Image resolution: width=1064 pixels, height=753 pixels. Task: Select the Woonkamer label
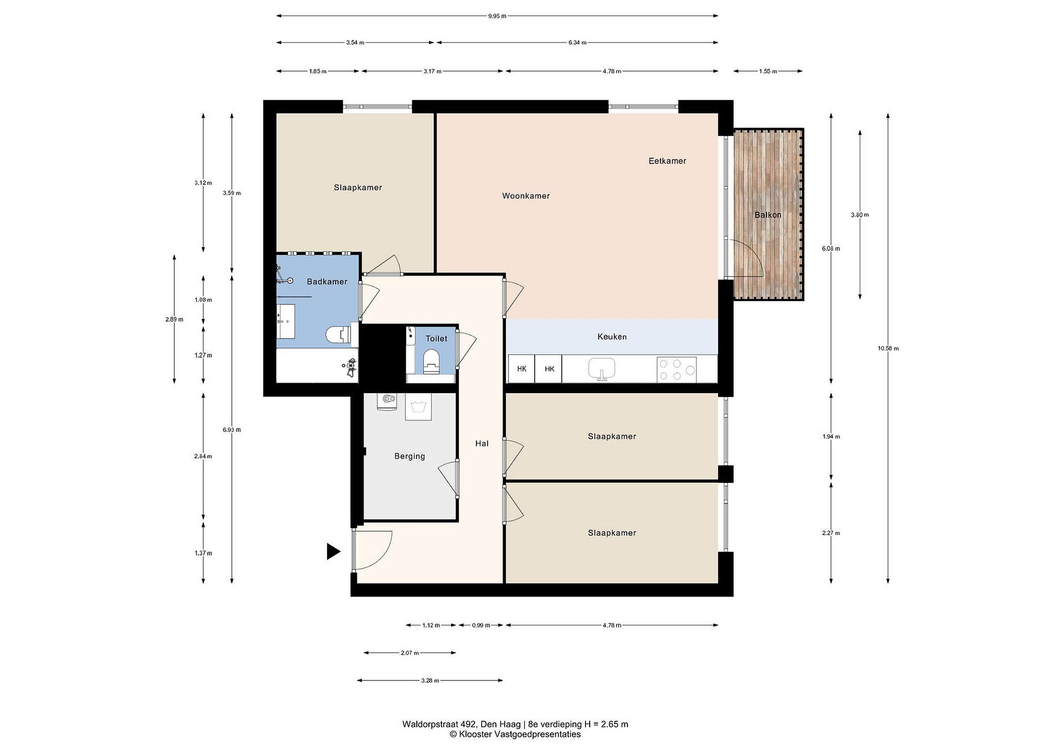pos(526,196)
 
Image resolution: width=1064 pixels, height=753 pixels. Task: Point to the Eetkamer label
pos(667,161)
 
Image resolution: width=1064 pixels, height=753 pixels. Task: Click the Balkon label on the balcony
pos(768,215)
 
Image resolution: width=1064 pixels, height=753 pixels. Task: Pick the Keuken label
pos(612,337)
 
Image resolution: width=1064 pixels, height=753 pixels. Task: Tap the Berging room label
pos(410,456)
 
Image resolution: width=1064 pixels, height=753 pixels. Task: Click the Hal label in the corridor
pos(482,444)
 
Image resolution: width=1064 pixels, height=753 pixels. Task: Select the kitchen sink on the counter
pos(601,369)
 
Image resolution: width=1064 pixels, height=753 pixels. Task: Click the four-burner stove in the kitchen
pos(676,369)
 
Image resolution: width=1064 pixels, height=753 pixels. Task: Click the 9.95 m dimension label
pos(497,16)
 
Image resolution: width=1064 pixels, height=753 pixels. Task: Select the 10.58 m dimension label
pos(888,348)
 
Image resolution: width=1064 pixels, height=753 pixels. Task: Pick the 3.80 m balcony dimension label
pos(860,215)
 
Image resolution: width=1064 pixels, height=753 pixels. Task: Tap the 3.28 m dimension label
pos(430,681)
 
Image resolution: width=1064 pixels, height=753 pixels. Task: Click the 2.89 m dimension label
pos(174,319)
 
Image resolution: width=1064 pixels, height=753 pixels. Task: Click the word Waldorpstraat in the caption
pos(430,724)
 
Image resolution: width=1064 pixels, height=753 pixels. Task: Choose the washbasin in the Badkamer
pos(286,321)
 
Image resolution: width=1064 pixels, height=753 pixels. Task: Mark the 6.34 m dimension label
pos(577,43)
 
